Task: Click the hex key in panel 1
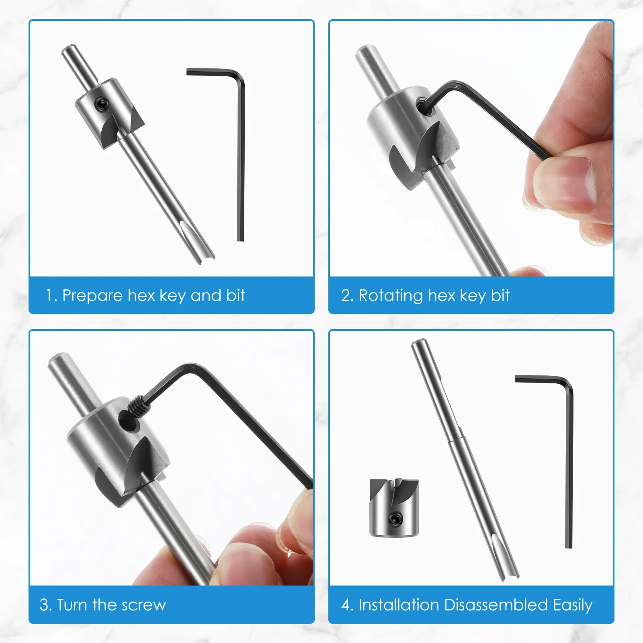pos(240,157)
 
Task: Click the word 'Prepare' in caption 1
pos(92,296)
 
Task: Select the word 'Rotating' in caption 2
pos(390,296)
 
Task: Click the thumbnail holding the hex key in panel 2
pos(571,181)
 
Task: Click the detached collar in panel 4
pos(394,507)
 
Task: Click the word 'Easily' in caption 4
pos(572,605)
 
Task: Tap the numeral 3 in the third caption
pos(43,605)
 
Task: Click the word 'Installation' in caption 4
pos(399,605)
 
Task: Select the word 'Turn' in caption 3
pos(73,605)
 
